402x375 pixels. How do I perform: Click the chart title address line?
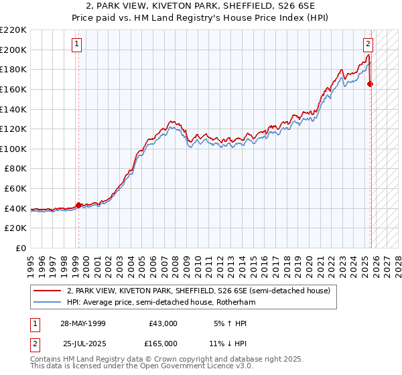pyautogui.click(x=200, y=6)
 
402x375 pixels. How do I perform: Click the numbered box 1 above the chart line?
pyautogui.click(x=77, y=45)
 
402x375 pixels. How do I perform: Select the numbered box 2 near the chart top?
pyautogui.click(x=368, y=45)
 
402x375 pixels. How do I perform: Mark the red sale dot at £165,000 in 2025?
pyautogui.click(x=371, y=84)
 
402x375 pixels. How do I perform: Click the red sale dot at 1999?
pyautogui.click(x=78, y=205)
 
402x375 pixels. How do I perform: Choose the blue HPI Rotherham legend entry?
pyautogui.click(x=161, y=303)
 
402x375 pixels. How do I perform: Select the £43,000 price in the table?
pyautogui.click(x=163, y=323)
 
